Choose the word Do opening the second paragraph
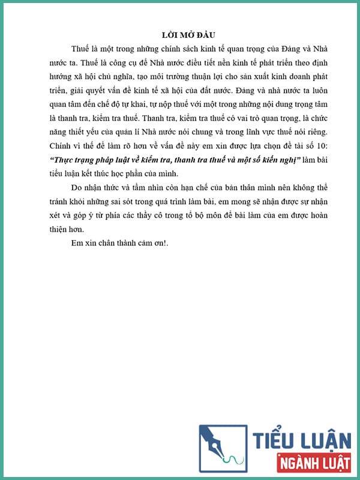click(x=76, y=188)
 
